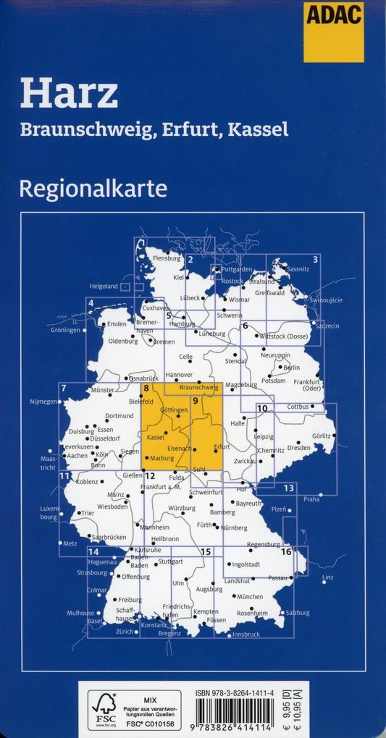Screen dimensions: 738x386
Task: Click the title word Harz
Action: click(70, 95)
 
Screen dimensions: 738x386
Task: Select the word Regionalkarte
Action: click(94, 189)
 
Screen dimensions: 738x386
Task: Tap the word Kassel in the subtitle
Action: click(258, 130)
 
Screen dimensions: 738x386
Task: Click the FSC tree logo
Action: click(103, 706)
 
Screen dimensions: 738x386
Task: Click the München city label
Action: click(250, 597)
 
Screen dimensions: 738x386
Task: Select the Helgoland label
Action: click(104, 287)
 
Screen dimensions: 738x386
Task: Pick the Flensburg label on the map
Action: click(166, 258)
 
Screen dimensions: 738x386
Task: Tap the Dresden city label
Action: click(298, 447)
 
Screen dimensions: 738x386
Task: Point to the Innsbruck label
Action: click(246, 635)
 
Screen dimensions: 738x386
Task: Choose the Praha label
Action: click(311, 499)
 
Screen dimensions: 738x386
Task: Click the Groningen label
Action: click(65, 330)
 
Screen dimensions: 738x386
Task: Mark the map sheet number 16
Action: click(286, 552)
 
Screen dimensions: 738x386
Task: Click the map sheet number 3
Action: click(315, 259)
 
